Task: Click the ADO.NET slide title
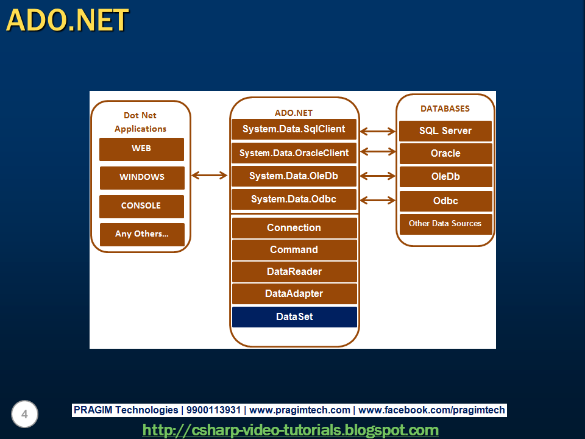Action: point(68,20)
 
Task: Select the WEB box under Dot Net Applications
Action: point(141,149)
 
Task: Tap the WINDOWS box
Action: point(142,177)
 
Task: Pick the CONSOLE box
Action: point(141,206)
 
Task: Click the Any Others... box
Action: point(142,234)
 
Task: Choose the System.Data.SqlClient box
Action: point(294,129)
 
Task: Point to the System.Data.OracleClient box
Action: point(294,153)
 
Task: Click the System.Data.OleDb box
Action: point(294,176)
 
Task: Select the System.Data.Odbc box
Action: point(294,199)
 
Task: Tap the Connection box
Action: point(294,228)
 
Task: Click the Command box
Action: point(294,250)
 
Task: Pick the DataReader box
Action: point(294,272)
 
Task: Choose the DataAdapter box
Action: point(294,294)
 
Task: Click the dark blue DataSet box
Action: point(294,317)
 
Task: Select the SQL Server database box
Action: point(445,131)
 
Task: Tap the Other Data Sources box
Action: point(445,224)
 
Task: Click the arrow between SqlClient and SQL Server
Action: point(378,130)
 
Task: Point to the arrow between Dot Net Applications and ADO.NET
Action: point(209,176)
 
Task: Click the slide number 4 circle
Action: point(24,415)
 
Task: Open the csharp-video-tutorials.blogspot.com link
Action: point(291,430)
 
